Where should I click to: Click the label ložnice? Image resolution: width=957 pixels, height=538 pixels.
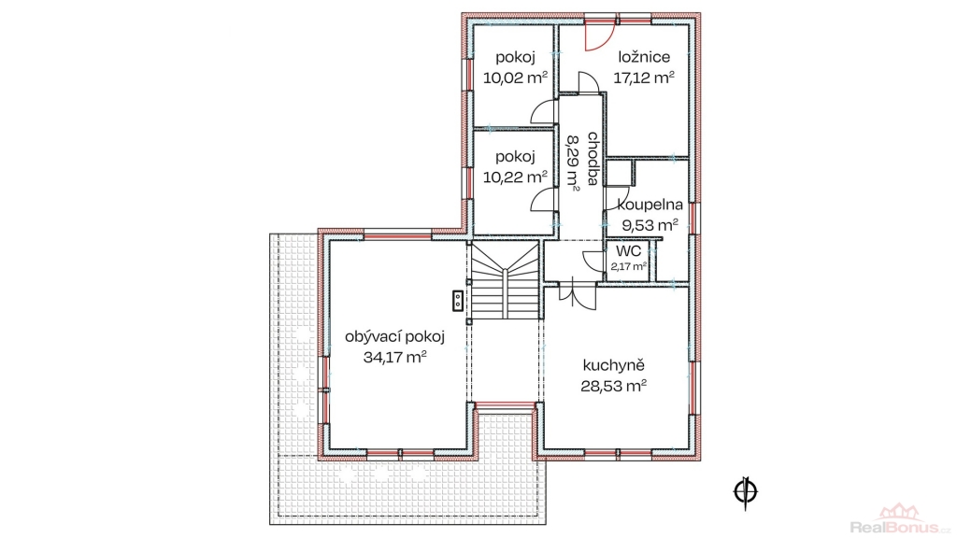point(644,57)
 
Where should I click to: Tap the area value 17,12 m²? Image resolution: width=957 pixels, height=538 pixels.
point(644,78)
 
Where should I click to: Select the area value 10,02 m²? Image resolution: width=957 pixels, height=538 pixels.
point(515,78)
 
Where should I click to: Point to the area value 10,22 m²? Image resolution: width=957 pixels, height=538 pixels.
point(515,177)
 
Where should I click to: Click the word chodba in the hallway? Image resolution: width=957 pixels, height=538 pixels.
point(593,159)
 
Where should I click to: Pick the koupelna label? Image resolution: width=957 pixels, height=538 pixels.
point(650,205)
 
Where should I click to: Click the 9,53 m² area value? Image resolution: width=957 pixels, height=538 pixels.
point(650,225)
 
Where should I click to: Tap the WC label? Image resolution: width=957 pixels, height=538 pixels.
point(629,251)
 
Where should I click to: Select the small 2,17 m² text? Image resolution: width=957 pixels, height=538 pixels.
point(629,266)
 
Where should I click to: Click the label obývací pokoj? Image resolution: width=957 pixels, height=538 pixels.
point(395,336)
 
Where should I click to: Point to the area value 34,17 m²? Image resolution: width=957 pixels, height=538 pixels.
point(395,357)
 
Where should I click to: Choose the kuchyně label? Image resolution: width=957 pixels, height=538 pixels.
point(614,366)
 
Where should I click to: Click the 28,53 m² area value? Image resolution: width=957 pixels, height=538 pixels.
point(614,386)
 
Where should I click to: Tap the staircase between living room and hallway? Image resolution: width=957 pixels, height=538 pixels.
point(506,279)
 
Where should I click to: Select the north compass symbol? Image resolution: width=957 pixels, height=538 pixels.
point(745,491)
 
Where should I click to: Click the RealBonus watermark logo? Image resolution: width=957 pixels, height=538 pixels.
point(900,519)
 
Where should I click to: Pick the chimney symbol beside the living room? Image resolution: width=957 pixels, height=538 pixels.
point(457,300)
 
